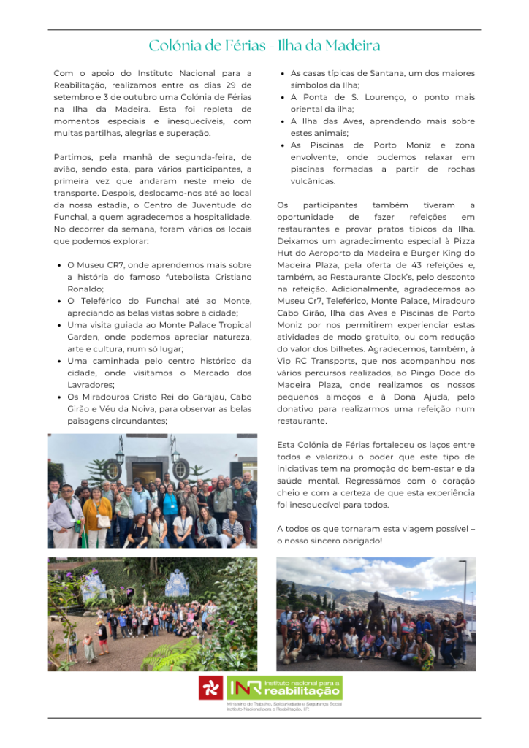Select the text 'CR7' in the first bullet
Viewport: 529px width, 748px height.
[119, 265]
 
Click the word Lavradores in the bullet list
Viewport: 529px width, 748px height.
[90, 385]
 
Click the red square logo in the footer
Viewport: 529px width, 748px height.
[211, 688]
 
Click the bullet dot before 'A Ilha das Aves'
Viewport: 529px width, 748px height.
[283, 121]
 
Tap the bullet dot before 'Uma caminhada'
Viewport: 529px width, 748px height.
[59, 361]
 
